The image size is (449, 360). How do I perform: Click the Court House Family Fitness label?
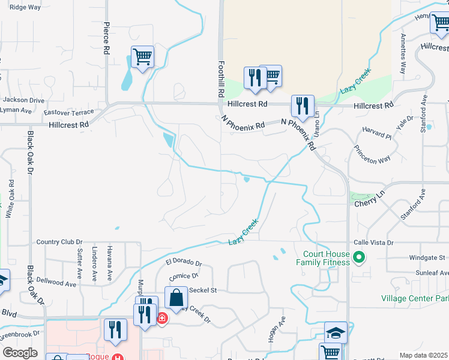tap(322, 257)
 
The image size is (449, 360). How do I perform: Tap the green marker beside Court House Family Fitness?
tap(359, 259)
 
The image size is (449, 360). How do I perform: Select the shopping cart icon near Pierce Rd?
tap(142, 58)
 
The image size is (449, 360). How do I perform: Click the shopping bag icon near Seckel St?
tap(176, 298)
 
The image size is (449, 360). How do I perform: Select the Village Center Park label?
tap(415, 298)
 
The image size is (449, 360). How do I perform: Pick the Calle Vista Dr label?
tap(373, 242)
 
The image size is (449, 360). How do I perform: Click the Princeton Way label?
tap(372, 155)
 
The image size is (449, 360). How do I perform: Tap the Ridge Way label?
tap(25, 7)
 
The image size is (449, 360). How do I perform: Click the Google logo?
tap(20, 352)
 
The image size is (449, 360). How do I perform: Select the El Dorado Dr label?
tap(184, 262)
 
